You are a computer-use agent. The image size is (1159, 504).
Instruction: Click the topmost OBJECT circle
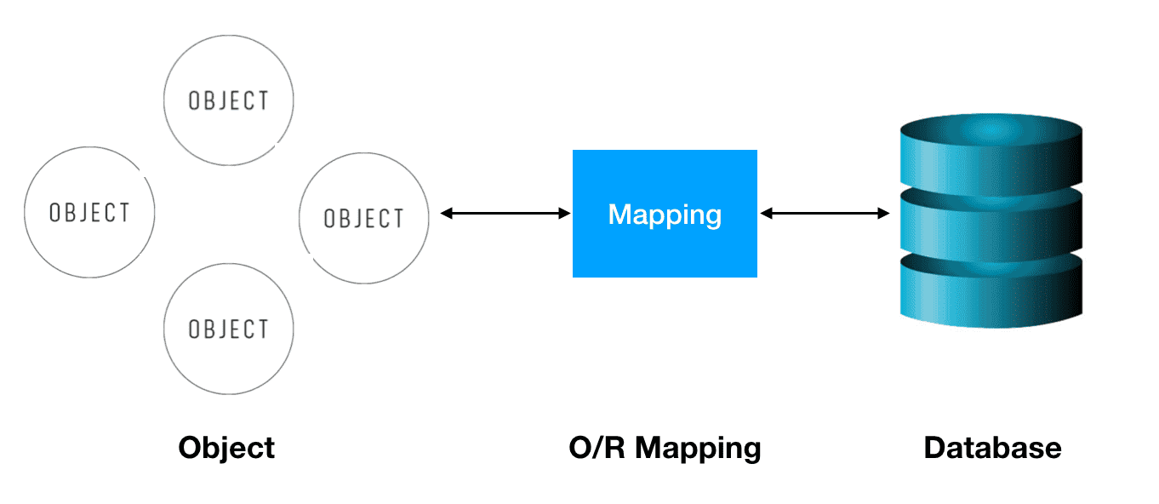coord(228,100)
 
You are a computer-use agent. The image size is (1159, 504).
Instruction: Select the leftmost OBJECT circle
coord(89,212)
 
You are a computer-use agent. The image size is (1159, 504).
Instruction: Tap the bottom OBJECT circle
coord(228,329)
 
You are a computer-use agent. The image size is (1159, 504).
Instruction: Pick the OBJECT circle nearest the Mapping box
coord(364,219)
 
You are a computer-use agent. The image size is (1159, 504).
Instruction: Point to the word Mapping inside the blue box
coord(665,214)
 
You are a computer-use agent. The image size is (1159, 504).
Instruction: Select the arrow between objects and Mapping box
coord(505,214)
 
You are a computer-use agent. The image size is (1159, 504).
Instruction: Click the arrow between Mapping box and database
coord(824,214)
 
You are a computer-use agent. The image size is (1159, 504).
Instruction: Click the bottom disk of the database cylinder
coord(991,294)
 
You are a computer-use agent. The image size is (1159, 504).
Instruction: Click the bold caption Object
coord(226,448)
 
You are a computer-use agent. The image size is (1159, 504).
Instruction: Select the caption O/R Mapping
coord(665,448)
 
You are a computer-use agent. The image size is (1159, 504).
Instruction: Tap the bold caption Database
coord(992,448)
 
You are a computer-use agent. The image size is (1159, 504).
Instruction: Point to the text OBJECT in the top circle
coord(228,100)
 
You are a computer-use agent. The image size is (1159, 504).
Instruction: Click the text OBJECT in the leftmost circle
coord(89,212)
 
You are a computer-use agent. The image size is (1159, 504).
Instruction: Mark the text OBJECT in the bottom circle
coord(228,329)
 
